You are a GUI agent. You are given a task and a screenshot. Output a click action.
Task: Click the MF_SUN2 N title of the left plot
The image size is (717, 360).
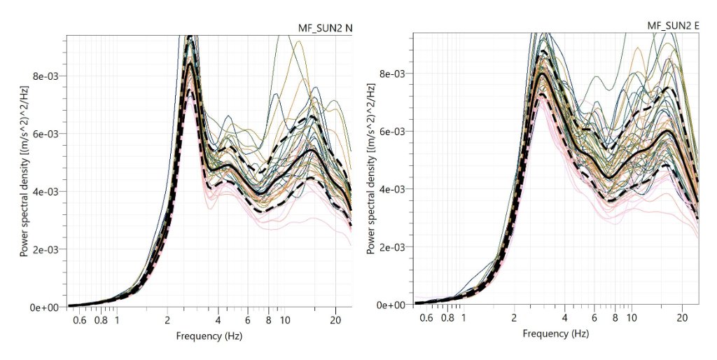(x=321, y=28)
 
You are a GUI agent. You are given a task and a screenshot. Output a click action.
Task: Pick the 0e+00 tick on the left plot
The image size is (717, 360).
(x=48, y=307)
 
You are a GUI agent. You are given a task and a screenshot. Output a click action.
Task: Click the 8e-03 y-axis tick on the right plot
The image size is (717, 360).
(x=395, y=74)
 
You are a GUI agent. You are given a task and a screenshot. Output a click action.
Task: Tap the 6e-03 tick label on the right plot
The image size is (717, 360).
(x=395, y=131)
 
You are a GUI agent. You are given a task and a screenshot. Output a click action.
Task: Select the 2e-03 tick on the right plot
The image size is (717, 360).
(x=395, y=247)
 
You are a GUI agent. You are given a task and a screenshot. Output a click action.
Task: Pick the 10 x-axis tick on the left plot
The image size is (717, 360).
(x=285, y=320)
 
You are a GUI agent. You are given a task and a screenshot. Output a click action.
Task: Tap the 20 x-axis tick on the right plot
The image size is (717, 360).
(x=681, y=317)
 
